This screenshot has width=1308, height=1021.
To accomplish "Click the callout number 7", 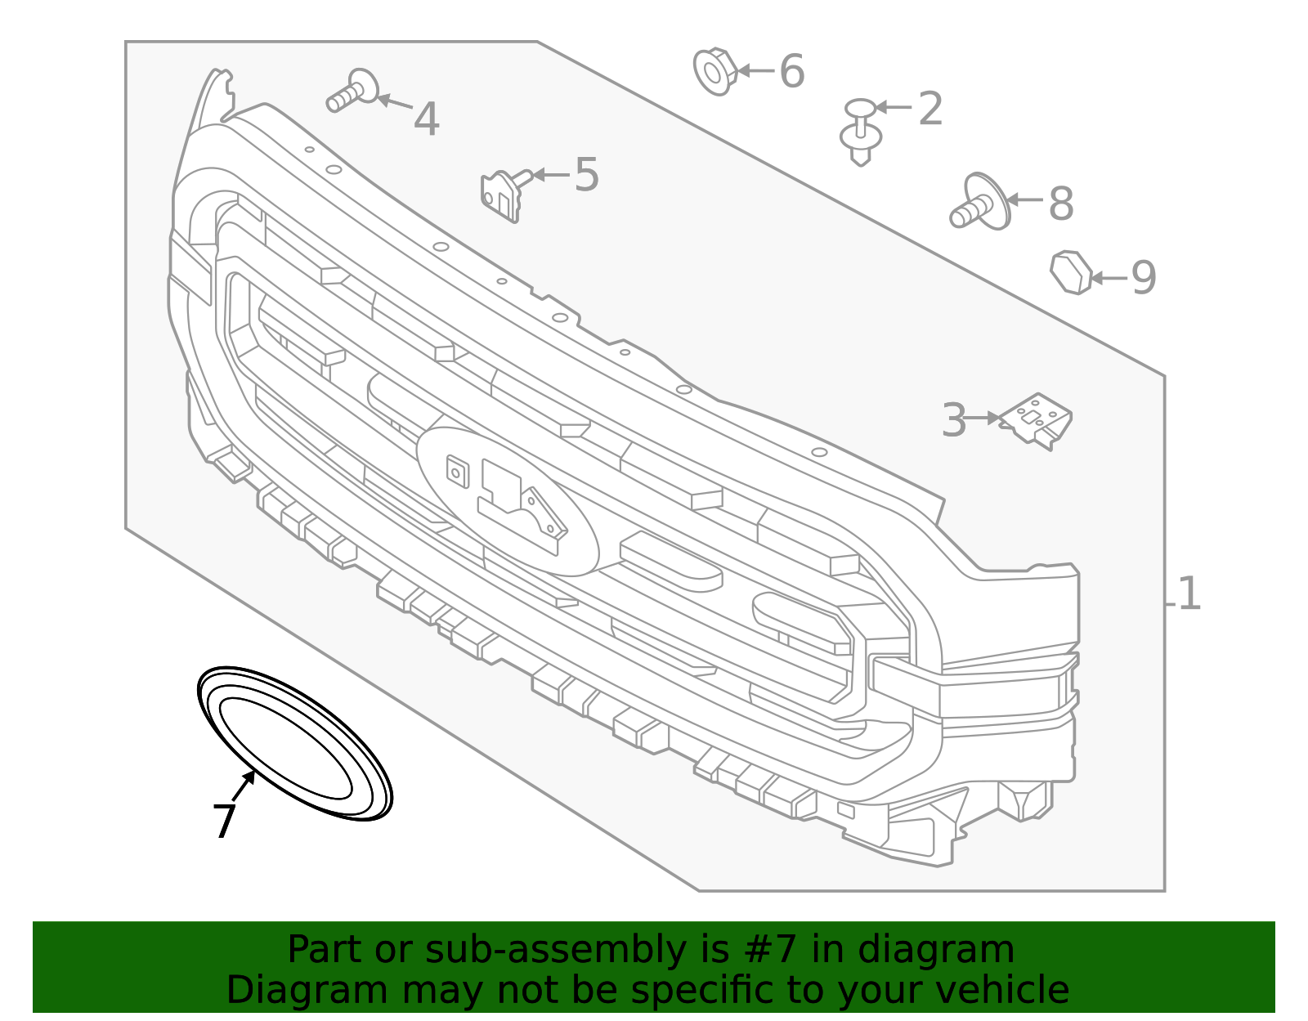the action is point(225,821).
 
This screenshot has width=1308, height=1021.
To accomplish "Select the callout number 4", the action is point(426,119).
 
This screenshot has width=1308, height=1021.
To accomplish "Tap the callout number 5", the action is point(587,175).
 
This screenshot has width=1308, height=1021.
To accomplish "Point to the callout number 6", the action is point(792,71).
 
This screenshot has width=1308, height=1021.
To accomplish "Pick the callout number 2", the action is point(930,109).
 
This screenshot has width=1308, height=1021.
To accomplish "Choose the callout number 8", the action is point(1061,204).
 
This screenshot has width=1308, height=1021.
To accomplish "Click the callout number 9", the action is point(1144,278).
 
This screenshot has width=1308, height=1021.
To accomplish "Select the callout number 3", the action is point(954,420).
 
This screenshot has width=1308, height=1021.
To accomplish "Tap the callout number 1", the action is point(1189,593).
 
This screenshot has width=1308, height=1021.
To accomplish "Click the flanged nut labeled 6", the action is point(715,72).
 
